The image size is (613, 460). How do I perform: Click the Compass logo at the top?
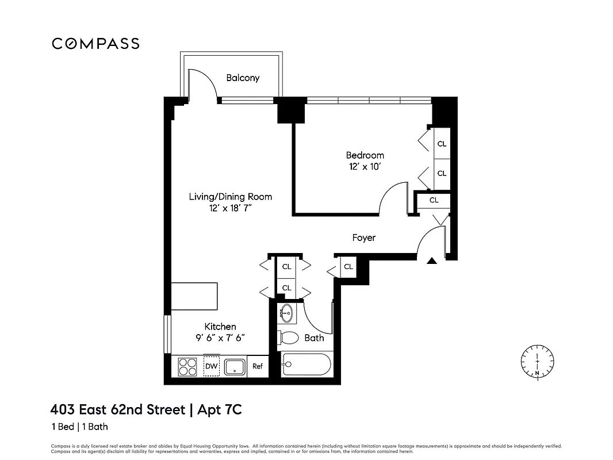(95, 44)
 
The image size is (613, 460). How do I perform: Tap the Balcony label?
(242, 78)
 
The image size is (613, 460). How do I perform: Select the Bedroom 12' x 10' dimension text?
(364, 166)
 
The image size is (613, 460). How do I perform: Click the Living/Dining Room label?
(230, 197)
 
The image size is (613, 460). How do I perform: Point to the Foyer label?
(363, 237)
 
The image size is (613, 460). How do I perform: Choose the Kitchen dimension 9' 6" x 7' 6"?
(220, 338)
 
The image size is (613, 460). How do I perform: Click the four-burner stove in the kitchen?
(187, 366)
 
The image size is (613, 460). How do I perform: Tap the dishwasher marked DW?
(211, 366)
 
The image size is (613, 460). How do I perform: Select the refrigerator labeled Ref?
(257, 366)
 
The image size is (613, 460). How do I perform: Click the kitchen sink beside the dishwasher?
(235, 366)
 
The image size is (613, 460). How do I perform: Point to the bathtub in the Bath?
(306, 365)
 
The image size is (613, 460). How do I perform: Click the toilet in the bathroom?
(288, 338)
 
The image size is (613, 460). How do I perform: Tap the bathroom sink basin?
(286, 314)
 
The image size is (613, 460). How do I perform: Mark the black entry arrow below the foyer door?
(432, 261)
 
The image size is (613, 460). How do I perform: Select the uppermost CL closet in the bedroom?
(442, 144)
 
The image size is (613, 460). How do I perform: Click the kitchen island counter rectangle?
(195, 296)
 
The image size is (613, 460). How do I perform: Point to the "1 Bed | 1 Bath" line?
(80, 427)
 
